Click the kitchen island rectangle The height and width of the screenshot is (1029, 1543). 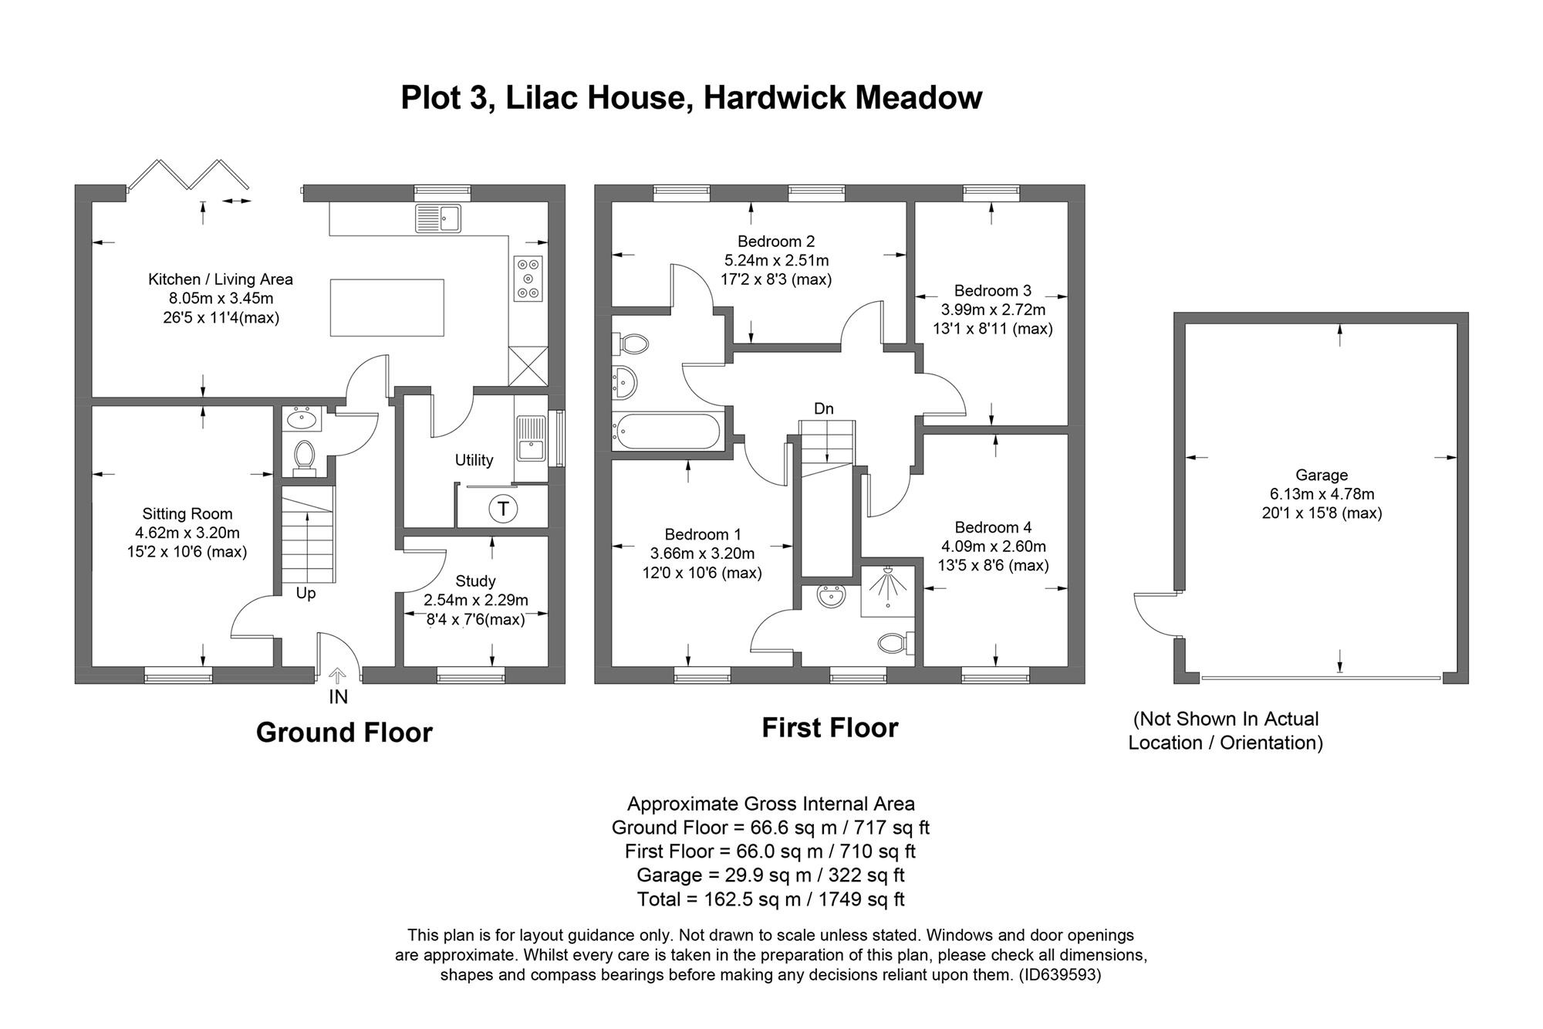[x=387, y=307]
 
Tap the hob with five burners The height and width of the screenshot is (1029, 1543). [x=528, y=278]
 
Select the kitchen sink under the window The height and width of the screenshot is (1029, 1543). [x=437, y=218]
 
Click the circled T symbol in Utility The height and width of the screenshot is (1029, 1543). [x=503, y=509]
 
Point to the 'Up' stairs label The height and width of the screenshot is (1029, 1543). [x=306, y=594]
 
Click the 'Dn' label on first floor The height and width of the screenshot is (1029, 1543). [x=823, y=408]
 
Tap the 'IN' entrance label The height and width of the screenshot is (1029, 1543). [x=338, y=697]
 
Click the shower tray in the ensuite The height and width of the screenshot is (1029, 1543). [x=887, y=591]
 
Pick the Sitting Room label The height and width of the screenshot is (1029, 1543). [x=187, y=513]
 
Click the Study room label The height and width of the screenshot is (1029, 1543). [x=475, y=581]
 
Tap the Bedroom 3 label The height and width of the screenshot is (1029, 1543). [x=992, y=290]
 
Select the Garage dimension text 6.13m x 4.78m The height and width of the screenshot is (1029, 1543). [x=1322, y=494]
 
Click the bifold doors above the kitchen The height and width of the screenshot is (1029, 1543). [x=189, y=175]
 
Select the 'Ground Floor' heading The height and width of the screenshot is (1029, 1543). [x=344, y=732]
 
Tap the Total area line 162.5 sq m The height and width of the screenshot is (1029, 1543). [x=770, y=899]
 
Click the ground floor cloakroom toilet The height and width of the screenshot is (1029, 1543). [x=304, y=456]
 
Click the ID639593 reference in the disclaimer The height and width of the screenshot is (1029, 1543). [x=1059, y=975]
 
